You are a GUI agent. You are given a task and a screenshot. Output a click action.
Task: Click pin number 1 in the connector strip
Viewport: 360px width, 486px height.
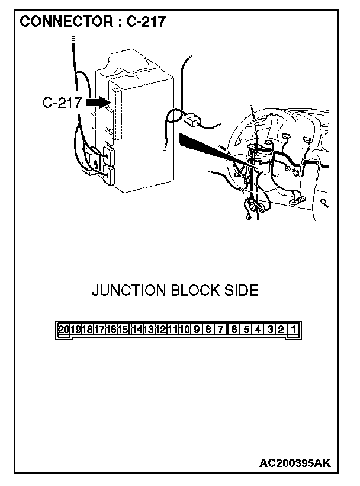pos(294,329)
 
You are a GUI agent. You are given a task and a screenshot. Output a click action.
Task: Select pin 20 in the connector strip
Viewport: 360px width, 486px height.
pos(63,329)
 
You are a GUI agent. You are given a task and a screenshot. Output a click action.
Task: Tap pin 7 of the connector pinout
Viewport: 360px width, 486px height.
pos(220,329)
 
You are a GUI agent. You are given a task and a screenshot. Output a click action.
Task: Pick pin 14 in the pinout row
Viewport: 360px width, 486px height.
pos(137,329)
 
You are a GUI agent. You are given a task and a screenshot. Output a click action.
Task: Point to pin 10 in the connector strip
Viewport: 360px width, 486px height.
pos(184,329)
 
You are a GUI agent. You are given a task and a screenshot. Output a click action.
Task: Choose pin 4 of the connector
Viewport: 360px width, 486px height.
pos(258,329)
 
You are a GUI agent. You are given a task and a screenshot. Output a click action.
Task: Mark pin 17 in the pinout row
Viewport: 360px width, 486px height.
pos(99,329)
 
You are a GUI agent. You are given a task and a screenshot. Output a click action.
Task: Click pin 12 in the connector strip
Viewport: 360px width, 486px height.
pos(160,329)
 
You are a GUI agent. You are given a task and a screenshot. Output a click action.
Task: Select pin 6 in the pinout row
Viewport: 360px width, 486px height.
pos(234,329)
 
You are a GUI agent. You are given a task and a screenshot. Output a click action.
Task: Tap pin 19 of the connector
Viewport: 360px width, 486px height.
pos(76,329)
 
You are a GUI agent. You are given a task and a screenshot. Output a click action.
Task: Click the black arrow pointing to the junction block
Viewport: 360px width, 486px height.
pos(98,103)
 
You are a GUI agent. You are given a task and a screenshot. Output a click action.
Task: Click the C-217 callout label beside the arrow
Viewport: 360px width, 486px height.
pos(62,103)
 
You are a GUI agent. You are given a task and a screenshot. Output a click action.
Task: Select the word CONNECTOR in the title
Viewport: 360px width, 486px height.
pos(66,22)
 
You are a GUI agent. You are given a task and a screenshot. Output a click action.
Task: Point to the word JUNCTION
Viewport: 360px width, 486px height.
pos(128,290)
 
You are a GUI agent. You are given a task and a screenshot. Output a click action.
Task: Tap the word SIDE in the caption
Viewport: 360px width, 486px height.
pos(241,290)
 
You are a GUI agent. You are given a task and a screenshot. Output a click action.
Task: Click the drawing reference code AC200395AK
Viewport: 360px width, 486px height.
pos(295,463)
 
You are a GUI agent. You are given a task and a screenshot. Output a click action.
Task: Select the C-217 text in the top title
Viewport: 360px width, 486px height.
pos(146,22)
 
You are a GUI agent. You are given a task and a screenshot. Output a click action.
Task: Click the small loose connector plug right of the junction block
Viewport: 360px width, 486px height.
pos(192,120)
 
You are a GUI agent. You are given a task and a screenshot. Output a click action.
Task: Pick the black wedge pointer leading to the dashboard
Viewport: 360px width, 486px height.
pos(218,151)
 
